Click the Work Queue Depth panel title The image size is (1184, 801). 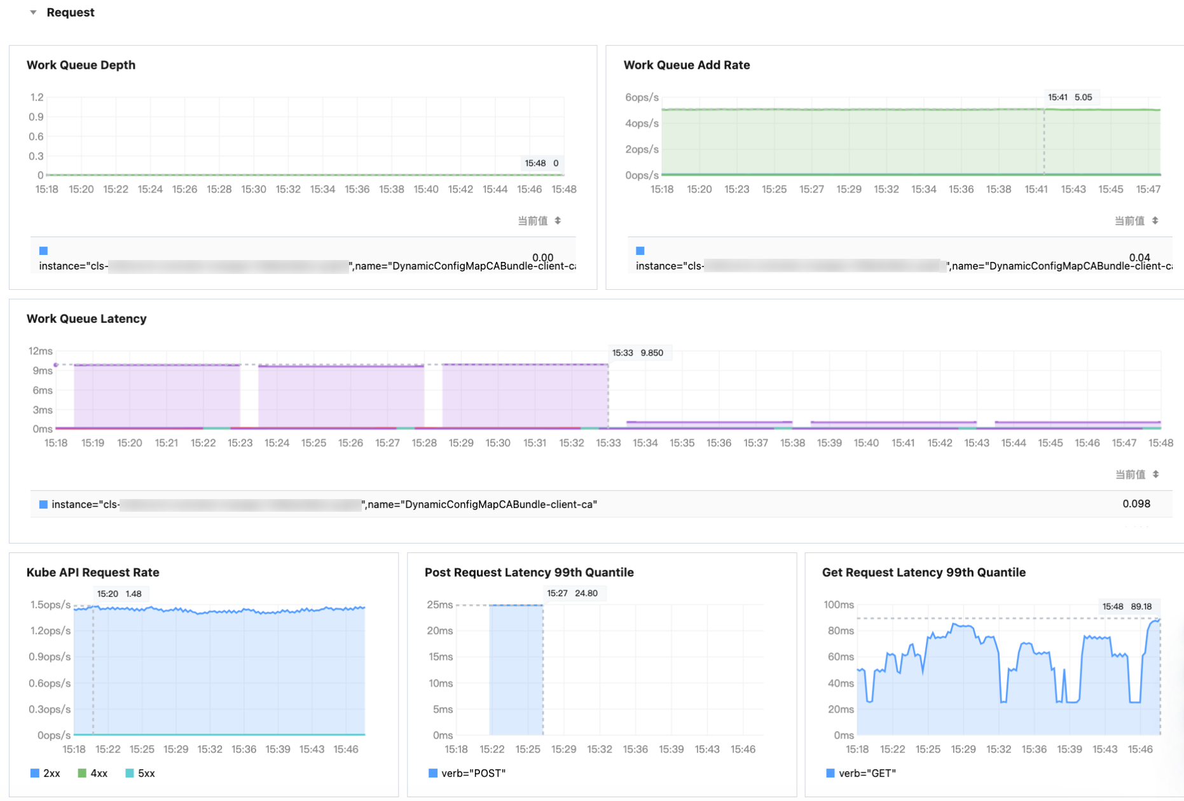pos(81,65)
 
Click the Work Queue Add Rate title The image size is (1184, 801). pos(686,65)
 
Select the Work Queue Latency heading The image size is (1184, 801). pos(86,318)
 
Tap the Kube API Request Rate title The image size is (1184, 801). pos(93,572)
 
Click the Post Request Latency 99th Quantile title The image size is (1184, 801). pos(529,572)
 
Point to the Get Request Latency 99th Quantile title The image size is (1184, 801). pos(923,572)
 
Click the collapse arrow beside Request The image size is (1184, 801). pos(33,13)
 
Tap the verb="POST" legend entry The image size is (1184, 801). pos(467,773)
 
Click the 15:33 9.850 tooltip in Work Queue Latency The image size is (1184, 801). pos(638,353)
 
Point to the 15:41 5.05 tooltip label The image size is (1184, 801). pos(1070,97)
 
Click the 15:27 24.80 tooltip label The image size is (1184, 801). pos(572,593)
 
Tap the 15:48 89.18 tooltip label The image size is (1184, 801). pos(1128,606)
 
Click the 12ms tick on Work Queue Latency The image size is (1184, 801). pos(40,351)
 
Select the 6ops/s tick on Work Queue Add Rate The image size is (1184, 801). pos(642,97)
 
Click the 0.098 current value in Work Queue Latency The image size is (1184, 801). pos(1136,503)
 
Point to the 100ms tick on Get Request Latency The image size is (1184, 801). pos(838,605)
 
